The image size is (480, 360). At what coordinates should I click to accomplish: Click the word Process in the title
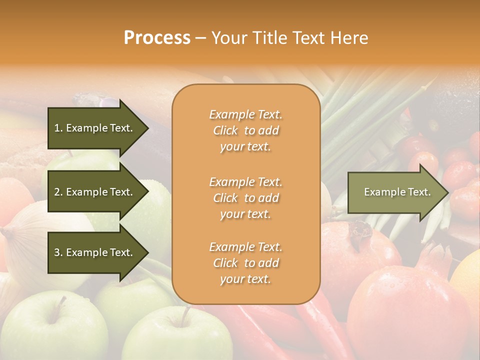point(157,38)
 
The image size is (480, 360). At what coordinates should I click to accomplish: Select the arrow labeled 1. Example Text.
point(95,128)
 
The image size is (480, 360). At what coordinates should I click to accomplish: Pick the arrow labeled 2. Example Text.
point(95,192)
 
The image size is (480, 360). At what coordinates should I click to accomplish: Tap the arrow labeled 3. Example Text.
point(95,252)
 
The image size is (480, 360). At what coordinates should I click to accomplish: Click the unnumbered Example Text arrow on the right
point(395,192)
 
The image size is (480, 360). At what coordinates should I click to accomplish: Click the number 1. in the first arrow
point(58,128)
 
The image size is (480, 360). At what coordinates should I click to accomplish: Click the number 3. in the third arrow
point(58,252)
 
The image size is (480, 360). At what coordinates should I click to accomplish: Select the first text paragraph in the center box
point(245,130)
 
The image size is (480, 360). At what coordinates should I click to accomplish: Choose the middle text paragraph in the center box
point(245,198)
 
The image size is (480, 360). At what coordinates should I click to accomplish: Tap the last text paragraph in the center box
point(245,263)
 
